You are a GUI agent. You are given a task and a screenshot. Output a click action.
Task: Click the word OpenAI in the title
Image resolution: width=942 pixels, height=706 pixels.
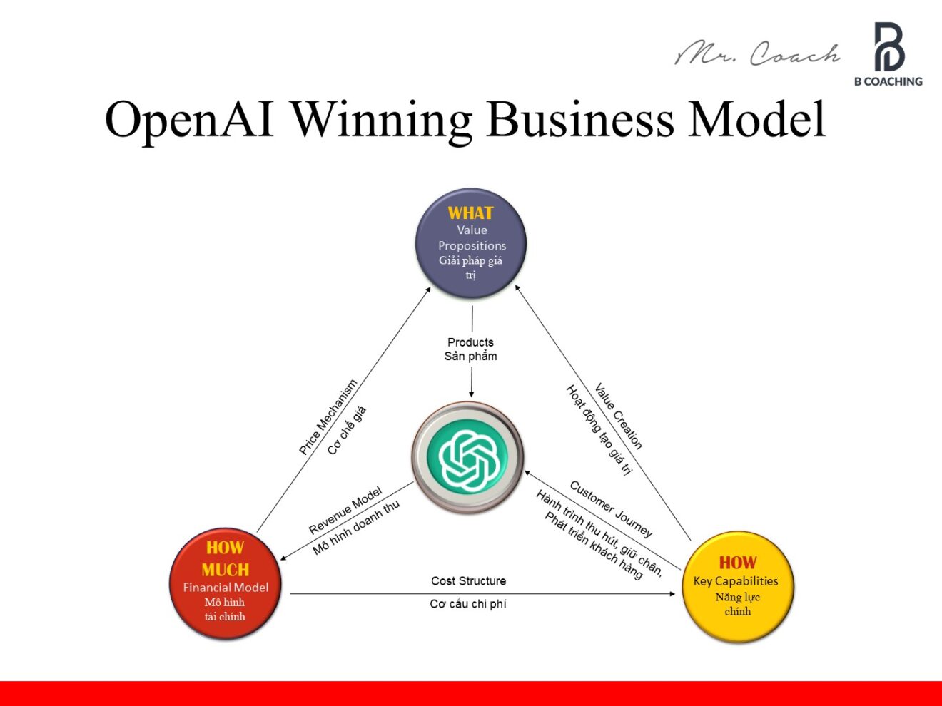tap(189, 119)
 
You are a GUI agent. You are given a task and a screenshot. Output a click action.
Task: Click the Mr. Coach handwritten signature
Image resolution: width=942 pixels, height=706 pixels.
tap(758, 53)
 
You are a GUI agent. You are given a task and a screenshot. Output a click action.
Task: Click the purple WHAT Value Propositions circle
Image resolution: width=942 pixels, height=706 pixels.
tap(471, 243)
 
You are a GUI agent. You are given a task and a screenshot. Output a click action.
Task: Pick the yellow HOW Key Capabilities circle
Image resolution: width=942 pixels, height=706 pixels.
tap(737, 586)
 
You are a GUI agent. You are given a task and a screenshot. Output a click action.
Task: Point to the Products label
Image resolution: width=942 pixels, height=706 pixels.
tap(470, 342)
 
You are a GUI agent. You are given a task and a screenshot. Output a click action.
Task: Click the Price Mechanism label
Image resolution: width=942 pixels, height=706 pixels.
tap(328, 418)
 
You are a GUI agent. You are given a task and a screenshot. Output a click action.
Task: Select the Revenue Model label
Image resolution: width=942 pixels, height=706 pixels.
tap(345, 511)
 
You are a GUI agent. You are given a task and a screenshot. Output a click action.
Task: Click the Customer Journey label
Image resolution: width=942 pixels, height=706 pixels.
tap(611, 508)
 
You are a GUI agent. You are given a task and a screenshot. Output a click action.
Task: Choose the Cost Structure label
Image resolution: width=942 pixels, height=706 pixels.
tap(468, 581)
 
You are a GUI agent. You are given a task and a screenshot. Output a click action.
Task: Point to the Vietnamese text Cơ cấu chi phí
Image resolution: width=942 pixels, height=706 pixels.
tap(468, 604)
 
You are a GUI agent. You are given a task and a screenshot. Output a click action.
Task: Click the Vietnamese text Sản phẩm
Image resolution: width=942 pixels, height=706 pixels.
tap(470, 357)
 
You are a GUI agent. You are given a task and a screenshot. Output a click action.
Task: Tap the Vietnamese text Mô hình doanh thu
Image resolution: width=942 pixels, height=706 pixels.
tap(356, 528)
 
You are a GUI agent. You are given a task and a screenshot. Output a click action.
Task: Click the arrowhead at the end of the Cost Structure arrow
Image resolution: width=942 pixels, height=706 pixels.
tap(672, 593)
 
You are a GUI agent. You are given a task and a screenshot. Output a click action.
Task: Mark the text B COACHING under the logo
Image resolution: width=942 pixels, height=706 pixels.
tap(888, 81)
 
